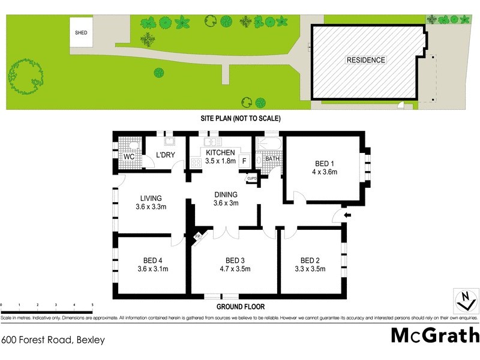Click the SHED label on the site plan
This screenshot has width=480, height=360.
pyautogui.click(x=81, y=33)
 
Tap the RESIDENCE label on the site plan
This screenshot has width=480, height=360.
pyautogui.click(x=365, y=60)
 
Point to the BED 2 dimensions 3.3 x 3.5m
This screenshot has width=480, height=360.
pyautogui.click(x=309, y=269)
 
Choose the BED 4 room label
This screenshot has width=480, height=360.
pyautogui.click(x=153, y=260)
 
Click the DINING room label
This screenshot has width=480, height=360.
pyautogui.click(x=226, y=194)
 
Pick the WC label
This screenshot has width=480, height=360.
pyautogui.click(x=128, y=157)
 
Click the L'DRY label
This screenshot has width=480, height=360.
pyautogui.click(x=165, y=156)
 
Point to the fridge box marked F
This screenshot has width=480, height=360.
pyautogui.click(x=244, y=161)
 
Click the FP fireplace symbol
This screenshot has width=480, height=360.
pyautogui.click(x=197, y=237)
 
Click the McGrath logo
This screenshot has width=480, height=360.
pyautogui.click(x=435, y=335)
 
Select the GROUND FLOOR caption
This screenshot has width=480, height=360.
pyautogui.click(x=240, y=307)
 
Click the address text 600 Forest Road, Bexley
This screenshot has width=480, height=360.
pyautogui.click(x=53, y=340)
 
